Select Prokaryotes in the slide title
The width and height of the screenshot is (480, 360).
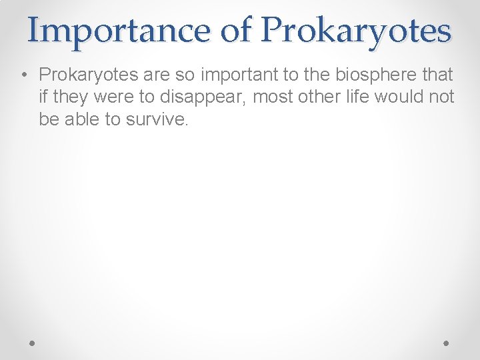[357, 30]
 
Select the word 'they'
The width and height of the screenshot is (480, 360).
[69, 97]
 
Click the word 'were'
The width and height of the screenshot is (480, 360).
[111, 97]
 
